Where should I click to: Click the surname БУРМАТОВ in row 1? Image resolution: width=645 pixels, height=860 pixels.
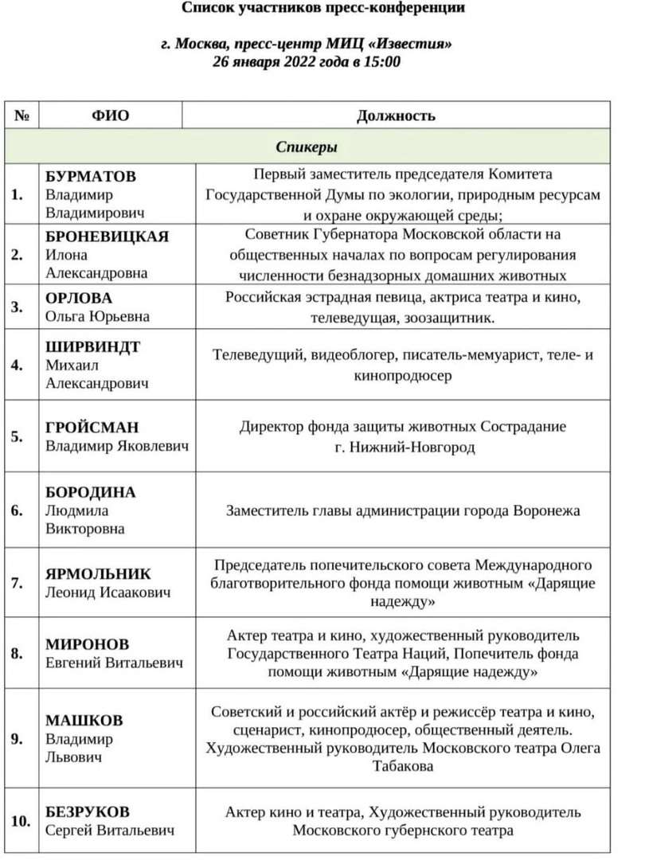pyautogui.click(x=91, y=176)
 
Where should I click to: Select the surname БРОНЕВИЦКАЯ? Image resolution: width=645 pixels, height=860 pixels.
pyautogui.click(x=107, y=236)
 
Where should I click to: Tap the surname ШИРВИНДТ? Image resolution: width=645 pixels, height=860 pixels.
pyautogui.click(x=92, y=346)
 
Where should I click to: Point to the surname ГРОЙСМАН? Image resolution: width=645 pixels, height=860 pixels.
pyautogui.click(x=91, y=428)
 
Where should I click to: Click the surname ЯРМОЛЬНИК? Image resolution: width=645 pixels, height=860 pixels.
pyautogui.click(x=98, y=574)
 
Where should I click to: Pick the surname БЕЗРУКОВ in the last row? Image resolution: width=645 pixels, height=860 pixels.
pyautogui.click(x=87, y=812)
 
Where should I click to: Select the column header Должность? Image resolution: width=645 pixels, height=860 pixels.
pyautogui.click(x=396, y=115)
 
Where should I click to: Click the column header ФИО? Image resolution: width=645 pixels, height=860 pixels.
pyautogui.click(x=110, y=115)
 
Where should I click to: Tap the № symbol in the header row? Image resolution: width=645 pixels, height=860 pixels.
pyautogui.click(x=21, y=115)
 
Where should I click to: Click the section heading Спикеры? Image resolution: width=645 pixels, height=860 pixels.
pyautogui.click(x=307, y=147)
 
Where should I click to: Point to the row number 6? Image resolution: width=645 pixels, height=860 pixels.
pyautogui.click(x=17, y=510)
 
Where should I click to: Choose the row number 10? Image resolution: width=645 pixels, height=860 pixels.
pyautogui.click(x=21, y=821)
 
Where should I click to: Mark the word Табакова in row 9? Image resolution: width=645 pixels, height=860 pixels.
pyautogui.click(x=403, y=766)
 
